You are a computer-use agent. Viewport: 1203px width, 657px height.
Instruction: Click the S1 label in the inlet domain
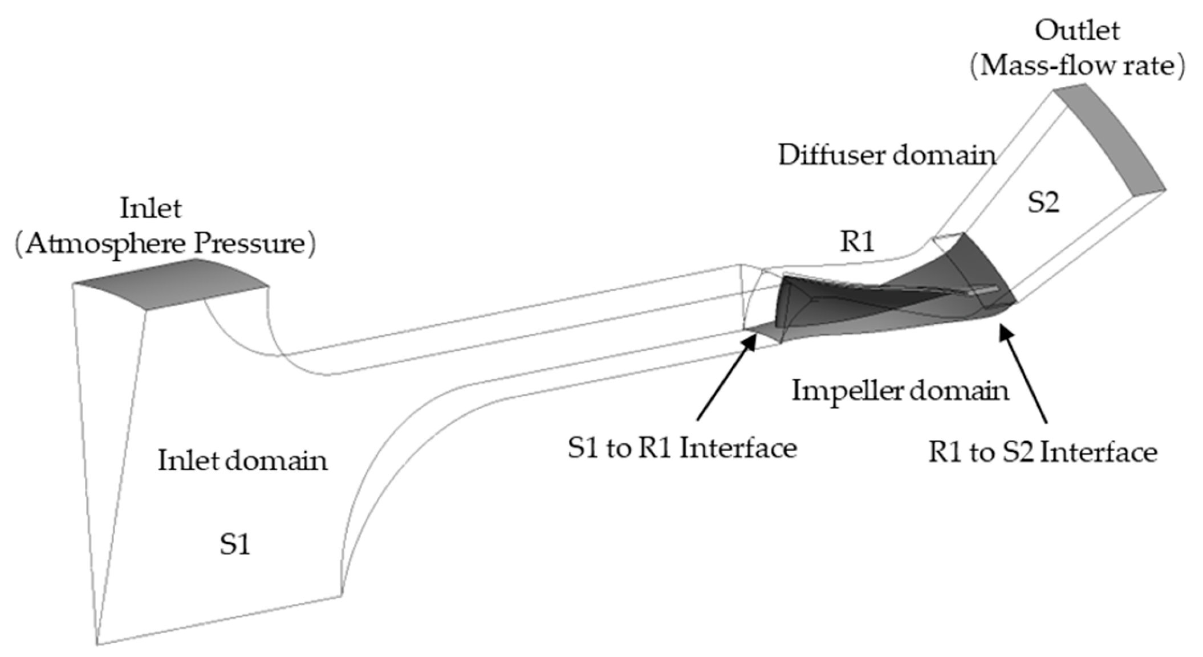[235, 544]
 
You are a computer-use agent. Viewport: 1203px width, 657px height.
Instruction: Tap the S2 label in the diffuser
[1043, 202]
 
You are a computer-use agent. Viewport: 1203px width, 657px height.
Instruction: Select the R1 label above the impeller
[857, 242]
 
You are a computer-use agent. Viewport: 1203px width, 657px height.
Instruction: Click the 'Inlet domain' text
[242, 460]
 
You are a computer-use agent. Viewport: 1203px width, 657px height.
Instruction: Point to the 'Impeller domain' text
[900, 391]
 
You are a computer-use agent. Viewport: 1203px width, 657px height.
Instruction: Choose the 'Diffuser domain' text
[887, 155]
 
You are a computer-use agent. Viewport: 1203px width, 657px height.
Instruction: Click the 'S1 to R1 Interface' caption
[682, 448]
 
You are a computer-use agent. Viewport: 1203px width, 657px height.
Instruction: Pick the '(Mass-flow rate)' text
[1077, 66]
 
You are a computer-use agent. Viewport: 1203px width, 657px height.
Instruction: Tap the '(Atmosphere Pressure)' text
[165, 244]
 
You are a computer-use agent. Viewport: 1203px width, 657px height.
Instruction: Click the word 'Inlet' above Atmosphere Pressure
[151, 209]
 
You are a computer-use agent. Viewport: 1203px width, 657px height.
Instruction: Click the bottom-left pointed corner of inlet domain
[99, 643]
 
